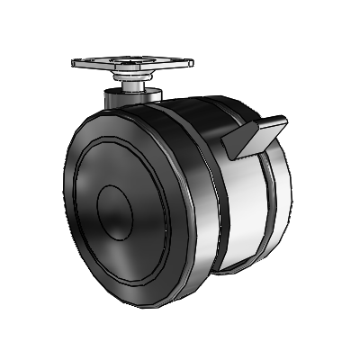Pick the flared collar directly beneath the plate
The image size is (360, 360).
click(131, 76)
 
